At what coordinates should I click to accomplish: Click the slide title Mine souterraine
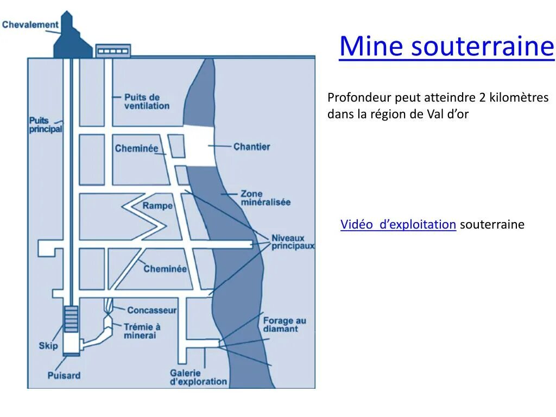tap(446, 46)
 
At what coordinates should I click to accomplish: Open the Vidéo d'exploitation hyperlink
tap(398, 225)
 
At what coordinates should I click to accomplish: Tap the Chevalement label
tap(30, 24)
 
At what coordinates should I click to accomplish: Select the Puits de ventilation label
tap(147, 102)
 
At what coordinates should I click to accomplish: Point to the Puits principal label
tap(45, 125)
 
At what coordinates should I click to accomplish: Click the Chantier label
tap(251, 147)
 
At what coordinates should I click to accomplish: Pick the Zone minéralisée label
tap(265, 198)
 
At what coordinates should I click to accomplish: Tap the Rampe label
tap(157, 206)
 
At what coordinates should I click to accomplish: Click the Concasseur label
tap(151, 310)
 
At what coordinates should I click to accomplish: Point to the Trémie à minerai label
tap(142, 331)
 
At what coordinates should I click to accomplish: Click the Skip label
tap(48, 346)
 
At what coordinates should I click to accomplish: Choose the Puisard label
tap(64, 375)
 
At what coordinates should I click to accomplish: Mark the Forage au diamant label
tap(284, 325)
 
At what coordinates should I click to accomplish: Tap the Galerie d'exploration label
tap(198, 377)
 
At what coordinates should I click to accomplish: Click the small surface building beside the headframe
tap(113, 50)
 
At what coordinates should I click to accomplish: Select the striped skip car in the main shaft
tap(71, 319)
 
